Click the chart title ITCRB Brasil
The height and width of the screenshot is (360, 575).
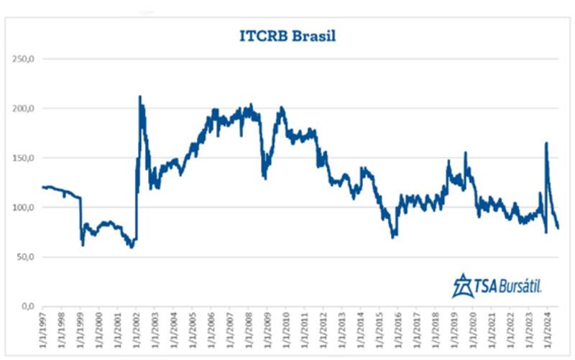point(287,35)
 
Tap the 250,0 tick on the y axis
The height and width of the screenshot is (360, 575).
point(24,59)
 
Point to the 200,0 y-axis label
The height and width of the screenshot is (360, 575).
point(24,109)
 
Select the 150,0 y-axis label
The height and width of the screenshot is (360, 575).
point(24,158)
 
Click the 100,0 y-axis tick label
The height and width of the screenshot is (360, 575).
point(24,208)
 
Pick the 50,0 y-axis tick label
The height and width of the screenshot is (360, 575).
point(27,257)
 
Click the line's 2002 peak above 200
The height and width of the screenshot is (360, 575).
point(140,96)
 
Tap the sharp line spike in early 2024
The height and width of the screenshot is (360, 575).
point(546,143)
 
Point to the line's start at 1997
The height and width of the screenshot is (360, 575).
point(43,187)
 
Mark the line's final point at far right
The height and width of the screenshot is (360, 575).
point(558,228)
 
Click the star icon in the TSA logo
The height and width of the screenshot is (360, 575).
point(461,286)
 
